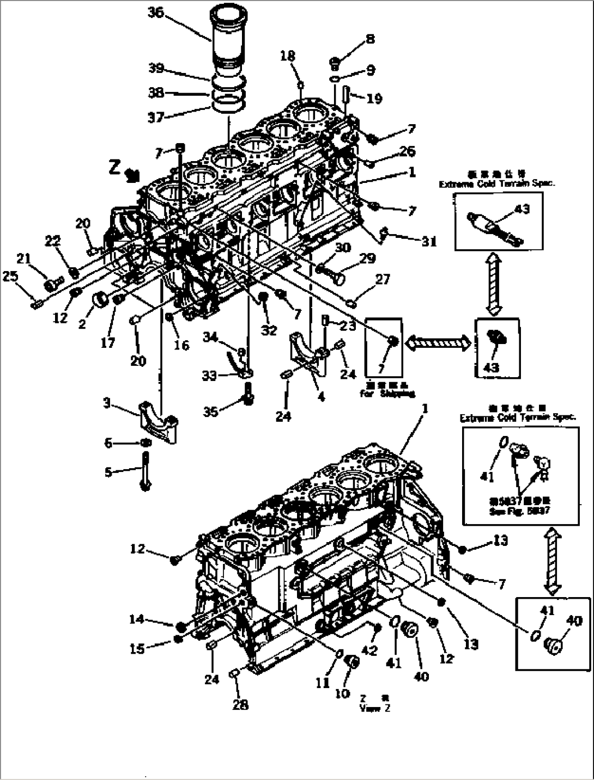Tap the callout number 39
[x=156, y=68]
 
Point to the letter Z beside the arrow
[x=114, y=167]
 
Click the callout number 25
[x=10, y=277]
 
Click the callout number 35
[x=210, y=411]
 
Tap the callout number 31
[x=429, y=241]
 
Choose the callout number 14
[x=136, y=619]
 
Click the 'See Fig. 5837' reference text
[x=519, y=512]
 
